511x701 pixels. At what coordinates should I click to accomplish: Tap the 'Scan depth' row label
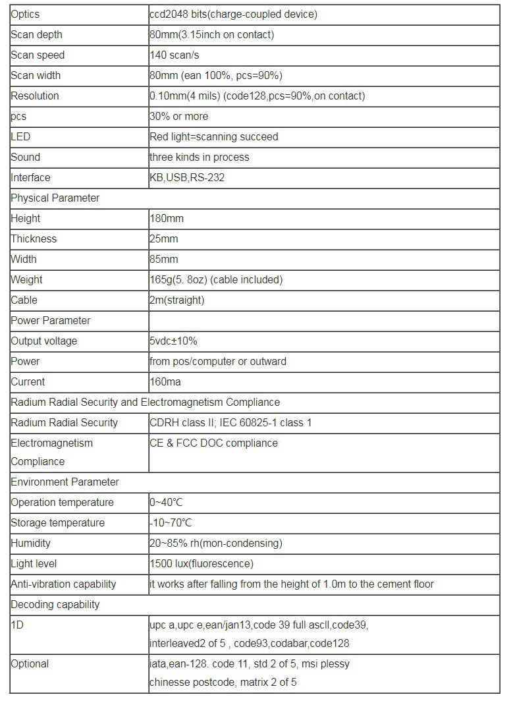[x=36, y=34]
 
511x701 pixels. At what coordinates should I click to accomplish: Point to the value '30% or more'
[x=178, y=116]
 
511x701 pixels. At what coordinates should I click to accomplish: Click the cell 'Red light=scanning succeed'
[x=214, y=136]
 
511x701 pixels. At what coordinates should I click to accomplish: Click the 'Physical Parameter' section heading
[x=55, y=198]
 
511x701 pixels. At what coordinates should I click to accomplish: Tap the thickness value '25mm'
[x=164, y=238]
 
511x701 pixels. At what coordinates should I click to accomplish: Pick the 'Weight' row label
[x=26, y=279]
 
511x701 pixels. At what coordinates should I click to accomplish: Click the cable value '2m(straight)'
[x=177, y=300]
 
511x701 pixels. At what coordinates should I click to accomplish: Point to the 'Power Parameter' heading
[x=51, y=320]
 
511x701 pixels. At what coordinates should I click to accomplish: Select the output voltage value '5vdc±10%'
[x=174, y=341]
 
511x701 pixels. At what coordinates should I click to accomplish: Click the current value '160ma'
[x=165, y=381]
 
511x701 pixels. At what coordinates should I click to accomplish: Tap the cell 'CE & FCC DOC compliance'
[x=213, y=443]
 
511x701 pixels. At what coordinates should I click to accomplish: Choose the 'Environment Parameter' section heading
[x=65, y=482]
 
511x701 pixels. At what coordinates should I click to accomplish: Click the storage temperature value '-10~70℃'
[x=171, y=522]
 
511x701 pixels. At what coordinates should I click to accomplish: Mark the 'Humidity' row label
[x=30, y=543]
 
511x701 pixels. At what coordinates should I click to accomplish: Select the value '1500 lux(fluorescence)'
[x=202, y=563]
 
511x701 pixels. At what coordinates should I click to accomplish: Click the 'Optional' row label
[x=30, y=663]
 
